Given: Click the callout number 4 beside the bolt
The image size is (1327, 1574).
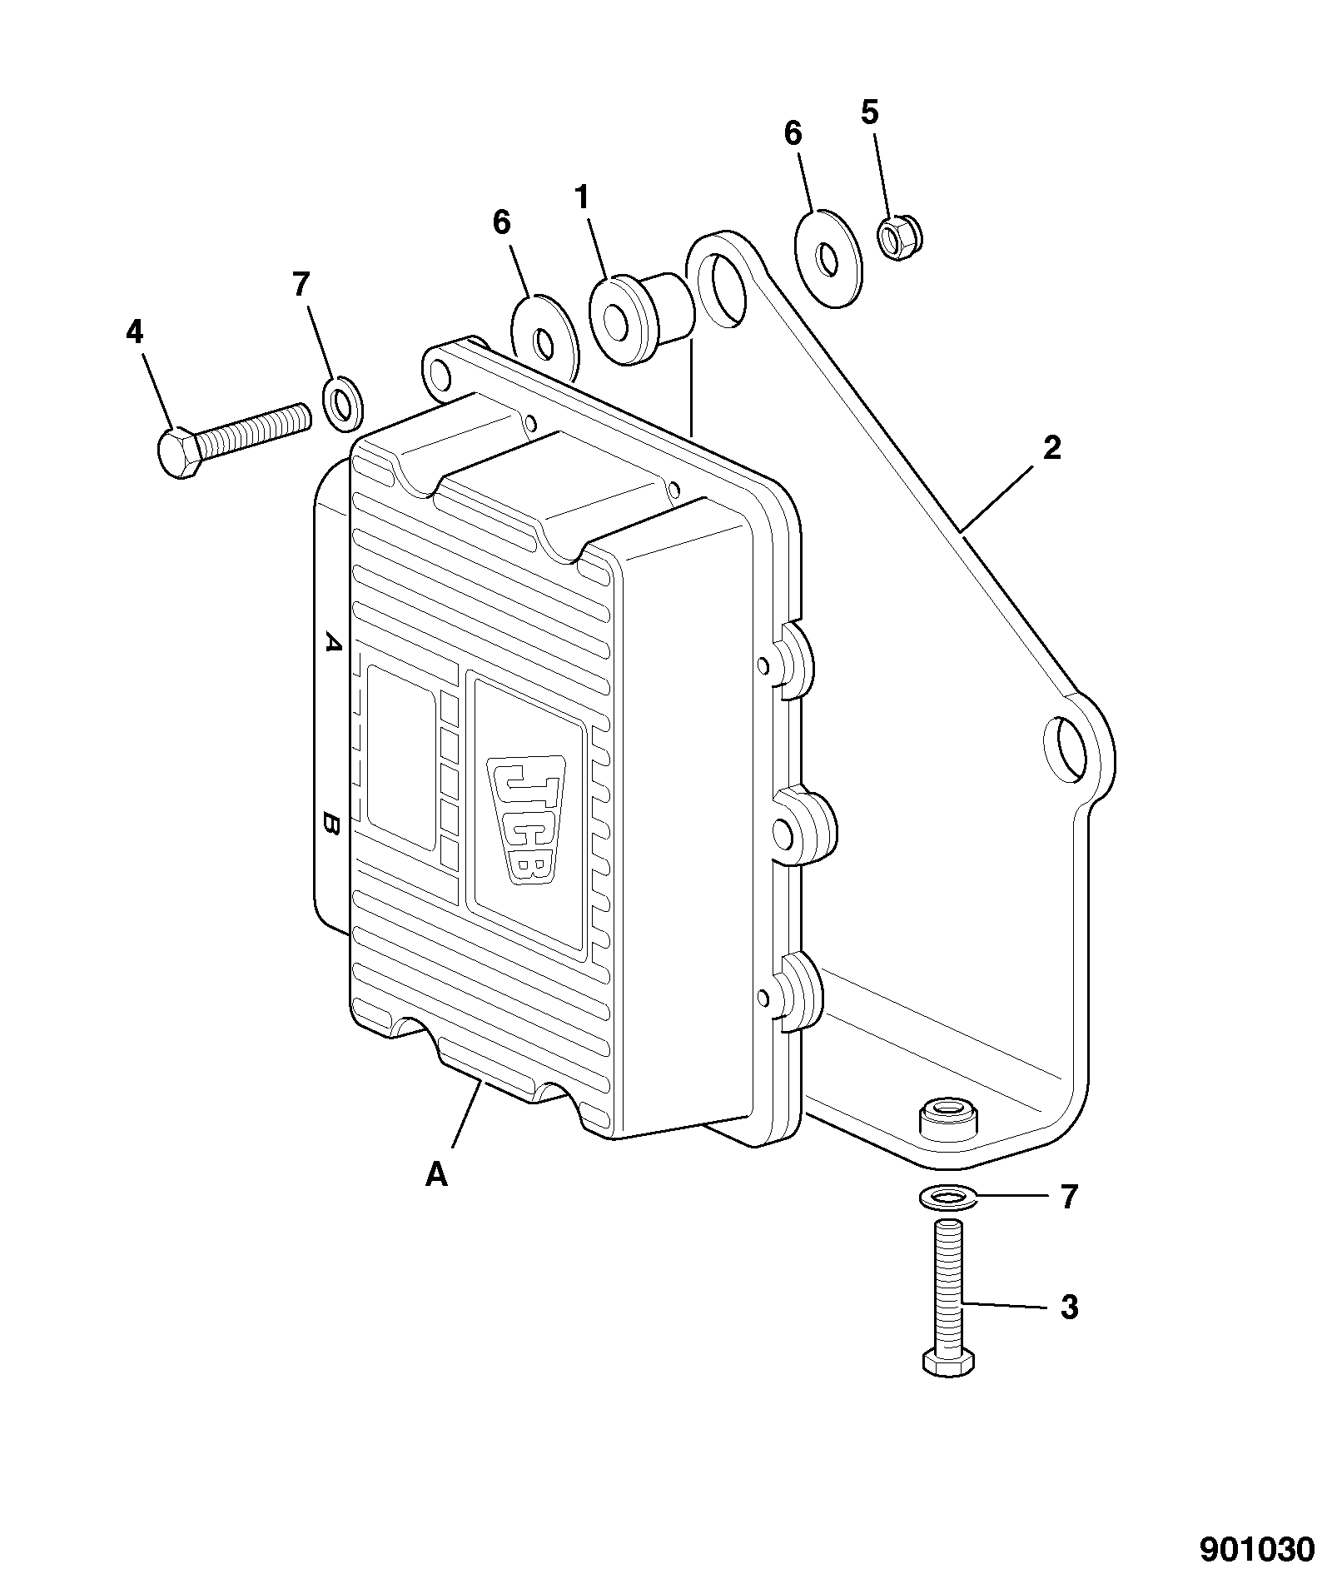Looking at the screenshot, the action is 134,333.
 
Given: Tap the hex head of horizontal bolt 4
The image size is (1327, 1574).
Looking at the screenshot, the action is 176,453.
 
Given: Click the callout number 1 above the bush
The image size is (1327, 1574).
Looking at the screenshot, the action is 582,198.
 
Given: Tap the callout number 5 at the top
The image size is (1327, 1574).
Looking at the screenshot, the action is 870,113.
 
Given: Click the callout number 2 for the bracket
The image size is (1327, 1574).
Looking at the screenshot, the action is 1052,448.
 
